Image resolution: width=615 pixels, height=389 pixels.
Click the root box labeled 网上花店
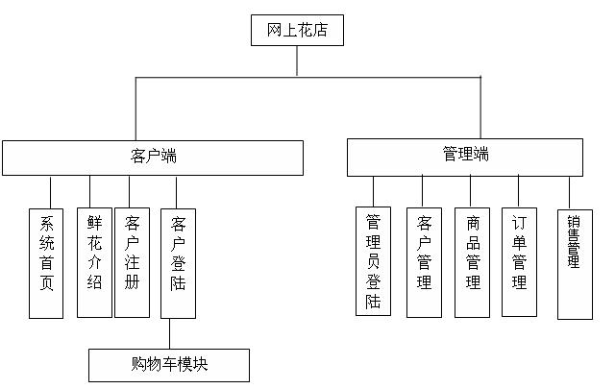click(x=296, y=31)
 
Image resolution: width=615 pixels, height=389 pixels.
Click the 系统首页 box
click(x=46, y=261)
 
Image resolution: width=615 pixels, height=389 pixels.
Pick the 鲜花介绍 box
click(x=94, y=261)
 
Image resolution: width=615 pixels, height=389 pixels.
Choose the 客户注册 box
click(x=132, y=261)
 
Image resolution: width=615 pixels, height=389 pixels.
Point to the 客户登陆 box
click(x=178, y=261)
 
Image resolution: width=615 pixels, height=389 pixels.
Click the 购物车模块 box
click(x=169, y=365)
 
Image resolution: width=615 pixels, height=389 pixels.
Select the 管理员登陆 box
click(x=374, y=261)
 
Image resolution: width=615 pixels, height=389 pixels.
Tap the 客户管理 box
click(x=424, y=261)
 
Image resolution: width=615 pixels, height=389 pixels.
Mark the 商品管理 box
click(x=473, y=261)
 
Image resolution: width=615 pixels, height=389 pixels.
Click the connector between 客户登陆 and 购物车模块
click(x=170, y=333)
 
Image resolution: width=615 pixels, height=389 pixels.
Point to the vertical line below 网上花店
click(x=297, y=61)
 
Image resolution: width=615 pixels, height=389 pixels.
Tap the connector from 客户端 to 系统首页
click(x=50, y=190)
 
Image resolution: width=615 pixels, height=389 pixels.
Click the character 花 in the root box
click(x=306, y=31)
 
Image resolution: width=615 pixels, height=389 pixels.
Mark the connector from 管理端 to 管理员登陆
click(x=374, y=190)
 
